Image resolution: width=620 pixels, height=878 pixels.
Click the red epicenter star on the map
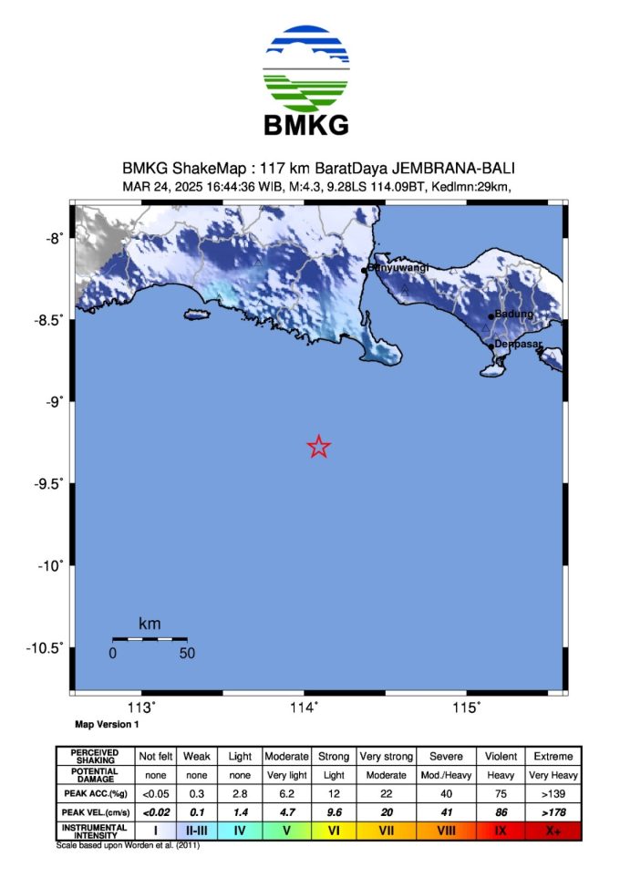point(318,447)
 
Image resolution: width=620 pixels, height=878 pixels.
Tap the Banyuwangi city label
point(396,269)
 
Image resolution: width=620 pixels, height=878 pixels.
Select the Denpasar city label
point(518,345)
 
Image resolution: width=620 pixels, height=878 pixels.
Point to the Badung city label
point(513,315)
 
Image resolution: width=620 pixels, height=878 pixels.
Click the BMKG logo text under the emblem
point(305,125)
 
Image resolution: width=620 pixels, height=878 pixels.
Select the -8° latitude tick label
point(53,238)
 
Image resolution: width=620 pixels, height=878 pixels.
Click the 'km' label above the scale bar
point(150,625)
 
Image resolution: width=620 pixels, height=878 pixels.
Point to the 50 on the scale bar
point(186,653)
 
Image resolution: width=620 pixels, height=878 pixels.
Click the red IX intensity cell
point(501,832)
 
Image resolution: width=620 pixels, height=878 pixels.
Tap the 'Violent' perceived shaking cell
point(501,757)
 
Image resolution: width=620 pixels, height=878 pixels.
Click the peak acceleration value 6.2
point(285,793)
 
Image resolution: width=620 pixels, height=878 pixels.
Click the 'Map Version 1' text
point(107,726)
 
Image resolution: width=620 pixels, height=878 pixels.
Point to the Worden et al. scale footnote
point(128,845)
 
